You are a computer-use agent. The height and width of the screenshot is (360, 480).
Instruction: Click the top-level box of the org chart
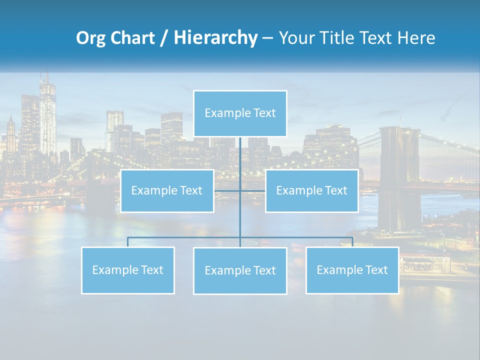pyautogui.click(x=240, y=113)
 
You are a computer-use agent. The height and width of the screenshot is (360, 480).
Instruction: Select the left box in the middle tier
pyautogui.click(x=167, y=191)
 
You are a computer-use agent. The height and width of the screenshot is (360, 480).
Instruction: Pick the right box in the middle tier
pyautogui.click(x=311, y=191)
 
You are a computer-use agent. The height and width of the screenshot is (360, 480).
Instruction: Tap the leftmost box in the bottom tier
pyautogui.click(x=128, y=270)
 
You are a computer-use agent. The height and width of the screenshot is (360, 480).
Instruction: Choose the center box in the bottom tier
pyautogui.click(x=240, y=271)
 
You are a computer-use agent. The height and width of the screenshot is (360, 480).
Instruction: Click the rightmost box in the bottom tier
pyautogui.click(x=352, y=270)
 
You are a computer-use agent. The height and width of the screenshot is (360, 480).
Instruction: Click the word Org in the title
pyautogui.click(x=89, y=38)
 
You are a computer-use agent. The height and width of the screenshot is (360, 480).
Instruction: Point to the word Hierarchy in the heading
pyautogui.click(x=215, y=38)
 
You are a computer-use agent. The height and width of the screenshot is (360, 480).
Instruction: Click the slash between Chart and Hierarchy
pyautogui.click(x=164, y=38)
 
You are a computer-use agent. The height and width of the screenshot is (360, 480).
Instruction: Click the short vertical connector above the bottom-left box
pyautogui.click(x=128, y=242)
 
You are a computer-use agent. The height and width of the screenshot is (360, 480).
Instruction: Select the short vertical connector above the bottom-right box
pyautogui.click(x=352, y=242)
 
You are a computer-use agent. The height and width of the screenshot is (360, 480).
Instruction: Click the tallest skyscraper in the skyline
pyautogui.click(x=47, y=117)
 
